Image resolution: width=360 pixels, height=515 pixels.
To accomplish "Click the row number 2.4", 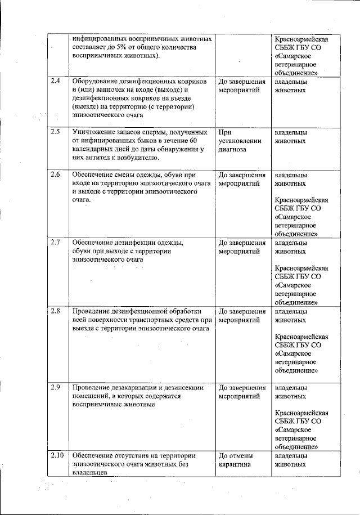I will coord(55,82).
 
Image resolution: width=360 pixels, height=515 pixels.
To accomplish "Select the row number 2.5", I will coord(55,132).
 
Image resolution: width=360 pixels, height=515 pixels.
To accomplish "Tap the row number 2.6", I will coord(55,174).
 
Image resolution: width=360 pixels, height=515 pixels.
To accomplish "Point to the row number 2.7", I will coord(55,243).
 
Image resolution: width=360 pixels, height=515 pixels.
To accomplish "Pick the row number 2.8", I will coord(55,311).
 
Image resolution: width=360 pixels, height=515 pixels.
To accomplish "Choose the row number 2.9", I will coord(55,387).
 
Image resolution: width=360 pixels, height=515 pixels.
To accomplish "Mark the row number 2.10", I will coord(56,455).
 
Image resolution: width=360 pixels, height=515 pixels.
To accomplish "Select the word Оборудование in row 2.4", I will coord(96,82).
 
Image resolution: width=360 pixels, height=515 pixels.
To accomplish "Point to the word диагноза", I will coord(233,150).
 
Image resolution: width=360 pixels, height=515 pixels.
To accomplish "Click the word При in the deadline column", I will coord(224,132).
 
